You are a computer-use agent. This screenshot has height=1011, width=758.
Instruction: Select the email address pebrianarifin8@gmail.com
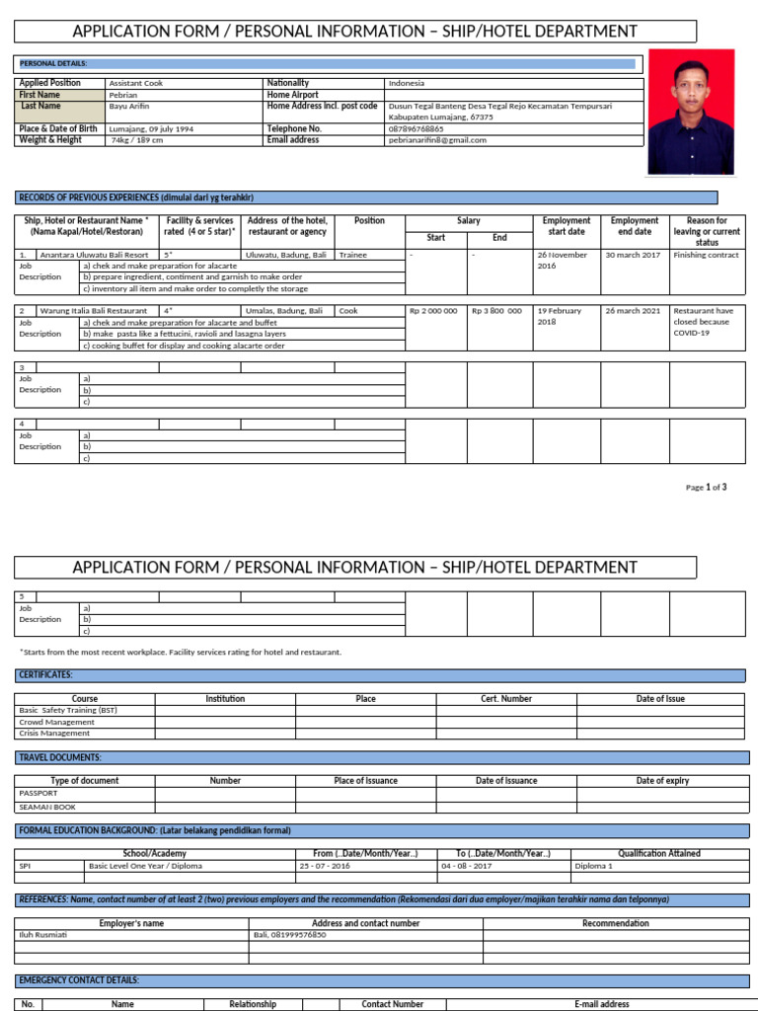(437, 140)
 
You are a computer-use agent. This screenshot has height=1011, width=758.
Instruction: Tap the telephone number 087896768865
(416, 128)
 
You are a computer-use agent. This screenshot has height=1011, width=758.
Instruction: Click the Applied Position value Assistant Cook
(137, 83)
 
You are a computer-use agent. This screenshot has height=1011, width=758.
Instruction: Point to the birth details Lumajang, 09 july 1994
(150, 128)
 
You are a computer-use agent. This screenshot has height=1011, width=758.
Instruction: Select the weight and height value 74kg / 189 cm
(137, 140)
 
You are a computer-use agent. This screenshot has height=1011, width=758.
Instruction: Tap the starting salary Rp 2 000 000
(433, 311)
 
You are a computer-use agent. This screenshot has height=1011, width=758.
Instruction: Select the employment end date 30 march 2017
(633, 255)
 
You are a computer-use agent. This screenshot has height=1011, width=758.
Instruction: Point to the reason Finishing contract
(706, 255)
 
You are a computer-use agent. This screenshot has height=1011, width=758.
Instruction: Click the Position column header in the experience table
(369, 221)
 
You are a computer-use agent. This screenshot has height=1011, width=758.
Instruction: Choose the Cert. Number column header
(506, 699)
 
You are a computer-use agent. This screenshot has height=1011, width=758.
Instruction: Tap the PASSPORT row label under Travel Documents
(39, 793)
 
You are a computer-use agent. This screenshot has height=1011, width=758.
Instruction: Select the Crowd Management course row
(57, 722)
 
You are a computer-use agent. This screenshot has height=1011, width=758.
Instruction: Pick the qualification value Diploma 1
(593, 865)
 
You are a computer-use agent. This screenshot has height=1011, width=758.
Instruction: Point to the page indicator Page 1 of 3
(706, 487)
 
